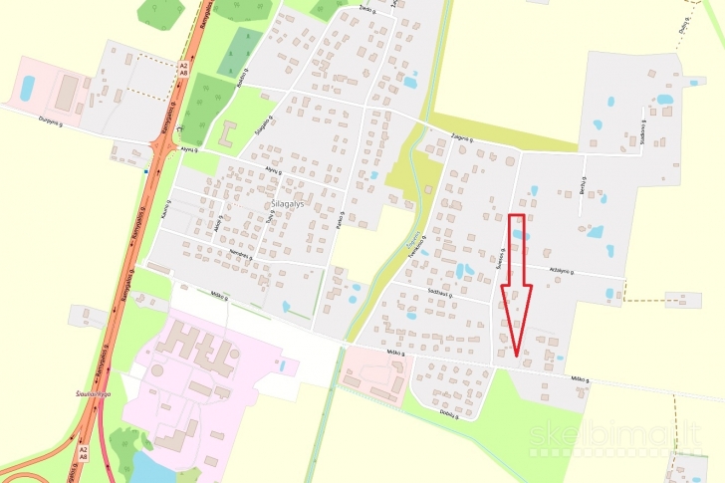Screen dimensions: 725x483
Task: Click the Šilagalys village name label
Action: pos(289,200)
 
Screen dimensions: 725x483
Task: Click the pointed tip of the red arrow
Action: pos(516,354)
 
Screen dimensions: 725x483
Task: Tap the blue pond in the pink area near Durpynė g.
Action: pos(27,87)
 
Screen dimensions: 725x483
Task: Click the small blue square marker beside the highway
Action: pos(145,172)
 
